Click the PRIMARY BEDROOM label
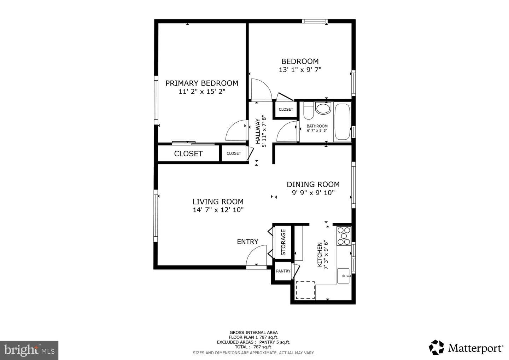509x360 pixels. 202,83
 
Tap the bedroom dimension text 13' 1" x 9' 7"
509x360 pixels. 300,70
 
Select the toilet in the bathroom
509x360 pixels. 309,111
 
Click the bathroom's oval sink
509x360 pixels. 323,109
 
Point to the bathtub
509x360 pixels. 342,122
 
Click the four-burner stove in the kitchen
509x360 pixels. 344,236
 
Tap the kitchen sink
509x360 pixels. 343,276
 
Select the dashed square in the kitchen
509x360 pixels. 305,290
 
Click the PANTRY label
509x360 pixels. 283,271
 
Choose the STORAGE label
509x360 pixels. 283,242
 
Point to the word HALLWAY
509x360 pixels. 258,131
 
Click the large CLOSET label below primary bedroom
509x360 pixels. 188,153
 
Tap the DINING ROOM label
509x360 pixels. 313,184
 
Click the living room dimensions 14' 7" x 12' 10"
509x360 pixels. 218,210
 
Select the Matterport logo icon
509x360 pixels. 436,347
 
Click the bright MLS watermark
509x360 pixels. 29,350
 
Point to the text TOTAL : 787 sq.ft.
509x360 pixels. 253,347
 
